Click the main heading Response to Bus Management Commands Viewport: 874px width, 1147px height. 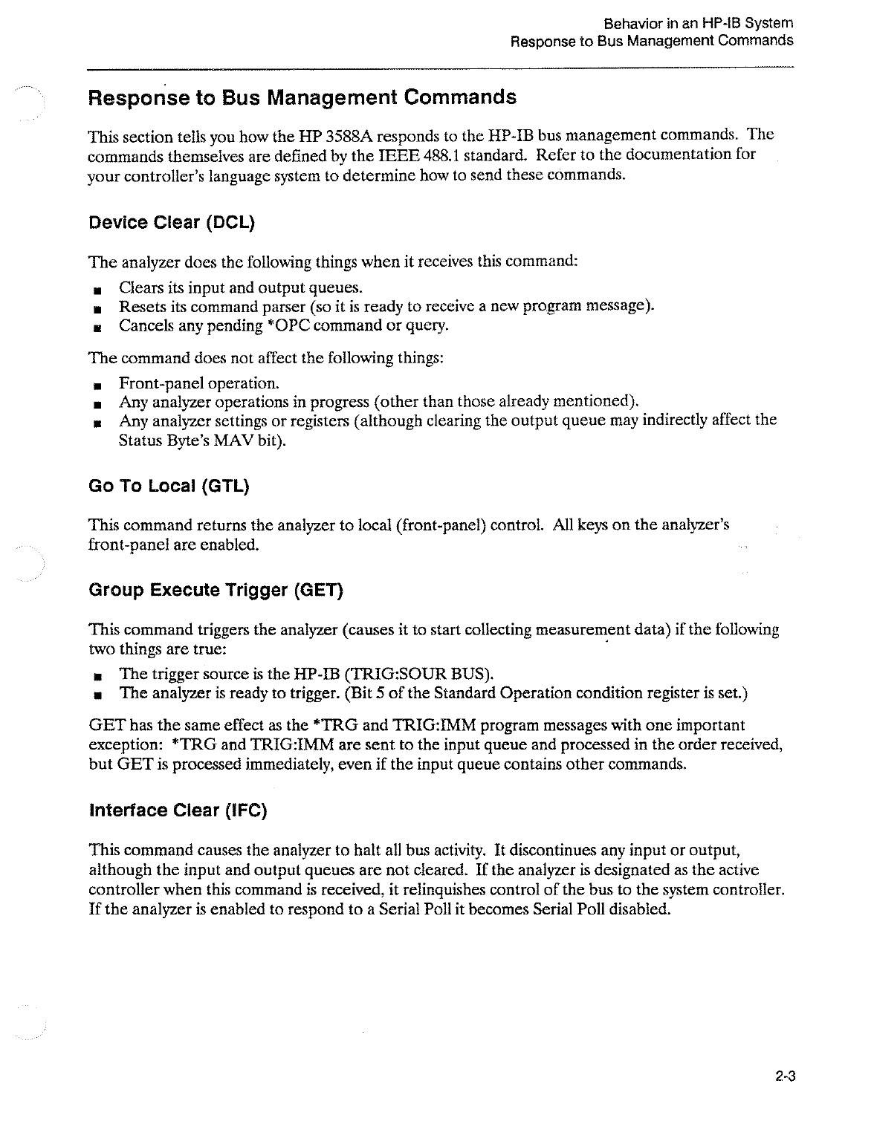click(x=302, y=98)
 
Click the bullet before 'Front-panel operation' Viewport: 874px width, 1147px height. click(x=97, y=385)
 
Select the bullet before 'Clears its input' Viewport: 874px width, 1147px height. click(x=97, y=289)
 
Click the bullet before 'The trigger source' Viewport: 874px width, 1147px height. click(x=97, y=675)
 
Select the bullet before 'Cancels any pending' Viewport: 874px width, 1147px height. click(x=97, y=327)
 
